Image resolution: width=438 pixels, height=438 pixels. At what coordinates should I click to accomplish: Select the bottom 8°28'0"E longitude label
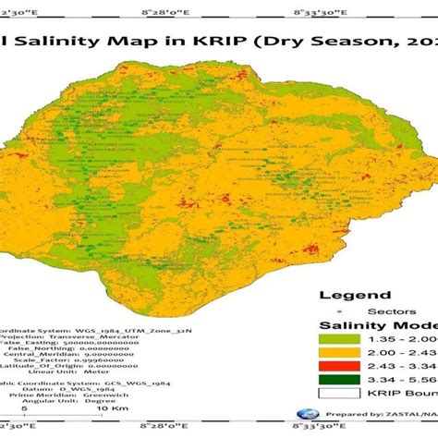pos(165,427)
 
